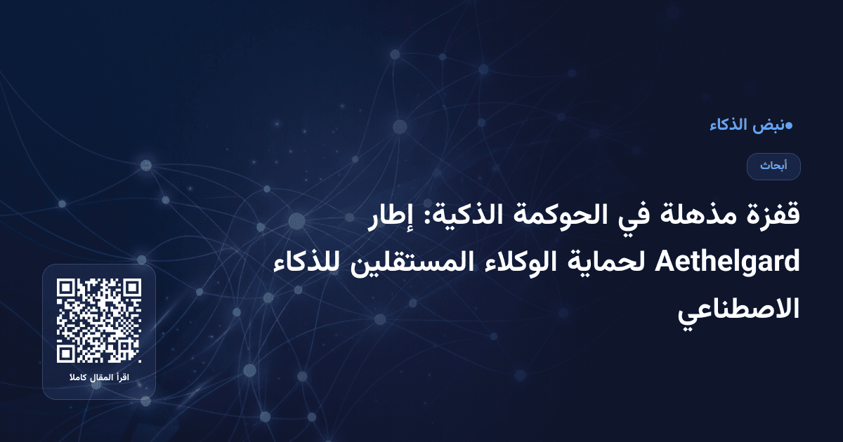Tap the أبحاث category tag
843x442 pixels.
774,166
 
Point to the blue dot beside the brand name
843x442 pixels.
789,126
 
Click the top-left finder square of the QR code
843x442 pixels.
66,288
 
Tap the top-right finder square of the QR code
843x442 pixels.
132,288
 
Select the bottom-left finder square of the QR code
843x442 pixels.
66,354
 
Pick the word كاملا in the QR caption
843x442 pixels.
77,379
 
